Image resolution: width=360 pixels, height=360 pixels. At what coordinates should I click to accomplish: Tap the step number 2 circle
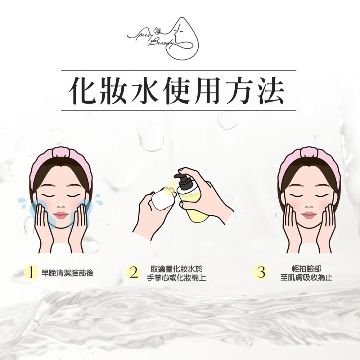coord(133,273)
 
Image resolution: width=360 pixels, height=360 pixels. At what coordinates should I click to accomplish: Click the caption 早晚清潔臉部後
coord(68,273)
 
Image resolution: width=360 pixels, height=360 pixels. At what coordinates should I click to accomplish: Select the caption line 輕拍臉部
coord(306,269)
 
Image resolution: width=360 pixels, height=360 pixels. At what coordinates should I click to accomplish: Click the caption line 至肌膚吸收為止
coord(306,278)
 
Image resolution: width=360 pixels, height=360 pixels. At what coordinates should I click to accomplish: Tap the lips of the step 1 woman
coord(61,215)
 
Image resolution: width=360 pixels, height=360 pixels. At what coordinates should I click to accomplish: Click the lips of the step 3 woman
coord(309,215)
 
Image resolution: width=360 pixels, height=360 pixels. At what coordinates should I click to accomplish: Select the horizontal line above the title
coord(179,70)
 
